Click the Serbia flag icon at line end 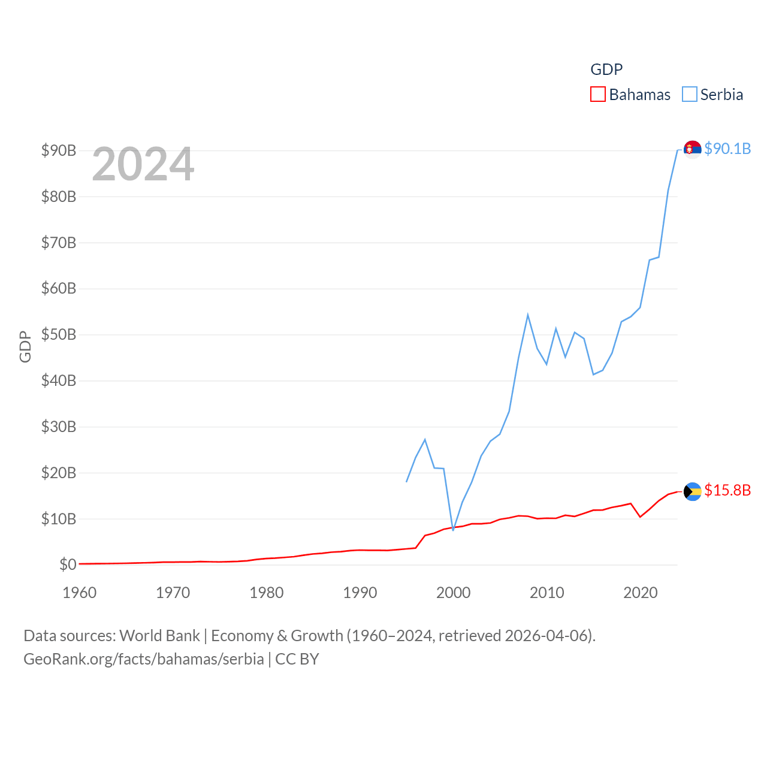click(x=692, y=149)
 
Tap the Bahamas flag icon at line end click(x=692, y=491)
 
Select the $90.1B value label click(x=727, y=149)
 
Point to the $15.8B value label click(x=727, y=490)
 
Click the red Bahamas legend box click(x=597, y=95)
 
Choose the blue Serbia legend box click(x=690, y=95)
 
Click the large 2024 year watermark click(x=143, y=164)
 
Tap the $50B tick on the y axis click(x=59, y=334)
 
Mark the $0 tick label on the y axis click(x=68, y=564)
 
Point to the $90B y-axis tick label click(x=59, y=150)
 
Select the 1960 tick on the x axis click(x=80, y=593)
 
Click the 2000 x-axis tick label click(x=454, y=593)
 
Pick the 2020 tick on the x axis click(x=641, y=593)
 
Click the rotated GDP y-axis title click(x=25, y=346)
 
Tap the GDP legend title click(x=606, y=70)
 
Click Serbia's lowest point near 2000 click(x=453, y=530)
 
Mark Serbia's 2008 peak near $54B click(x=528, y=315)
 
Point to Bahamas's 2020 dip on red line click(x=640, y=517)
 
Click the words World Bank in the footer click(x=159, y=635)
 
